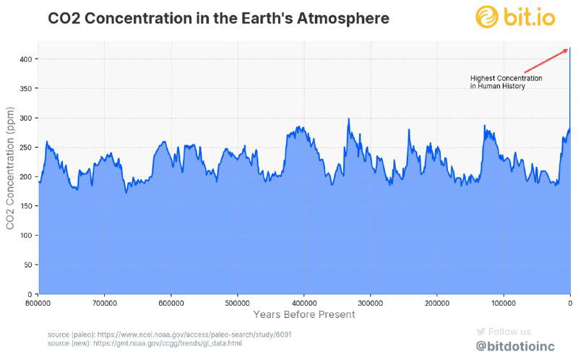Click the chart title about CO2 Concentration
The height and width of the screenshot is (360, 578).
(x=218, y=17)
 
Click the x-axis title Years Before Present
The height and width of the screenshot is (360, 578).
(x=304, y=314)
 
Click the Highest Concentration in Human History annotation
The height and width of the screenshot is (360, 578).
(x=505, y=82)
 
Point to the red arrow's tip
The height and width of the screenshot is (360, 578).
(x=568, y=49)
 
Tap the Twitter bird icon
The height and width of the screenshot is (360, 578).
(x=480, y=331)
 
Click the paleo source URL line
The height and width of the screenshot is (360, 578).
(x=170, y=335)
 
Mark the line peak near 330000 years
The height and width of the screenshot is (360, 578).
(x=348, y=119)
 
